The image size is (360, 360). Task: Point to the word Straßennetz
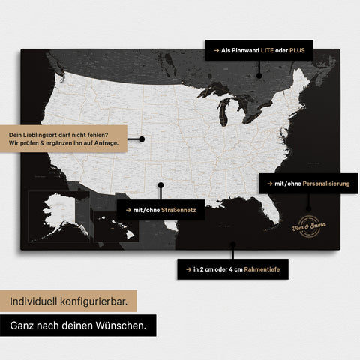(x=175, y=211)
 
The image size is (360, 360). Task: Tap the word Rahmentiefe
(x=263, y=268)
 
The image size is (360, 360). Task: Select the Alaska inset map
(x=57, y=216)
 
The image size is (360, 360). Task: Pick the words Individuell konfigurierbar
(x=68, y=301)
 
